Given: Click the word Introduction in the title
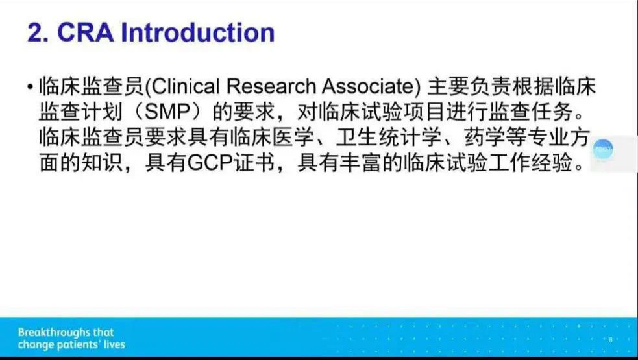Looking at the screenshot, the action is click(x=198, y=32).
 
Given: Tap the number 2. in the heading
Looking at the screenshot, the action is click(x=38, y=32).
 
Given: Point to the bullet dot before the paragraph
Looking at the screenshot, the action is click(x=30, y=86).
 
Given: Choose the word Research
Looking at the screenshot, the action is click(x=271, y=86).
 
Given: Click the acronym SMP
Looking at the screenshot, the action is click(x=167, y=112).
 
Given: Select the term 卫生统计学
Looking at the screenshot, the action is click(x=389, y=137).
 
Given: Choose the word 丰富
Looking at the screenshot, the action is click(x=362, y=163).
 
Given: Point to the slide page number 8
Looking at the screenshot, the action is click(x=610, y=340).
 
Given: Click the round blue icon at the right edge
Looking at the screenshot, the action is click(x=602, y=149).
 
